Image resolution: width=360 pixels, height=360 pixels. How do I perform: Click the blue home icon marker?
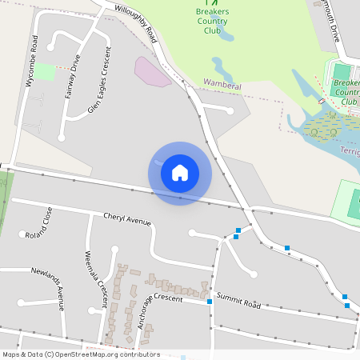pos(180,173)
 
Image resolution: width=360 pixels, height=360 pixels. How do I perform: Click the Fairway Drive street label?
pos(73,75)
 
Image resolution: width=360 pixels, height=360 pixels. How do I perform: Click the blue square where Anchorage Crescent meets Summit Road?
pos(210,302)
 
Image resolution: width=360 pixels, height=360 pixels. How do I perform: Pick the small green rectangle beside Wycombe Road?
pos(44,72)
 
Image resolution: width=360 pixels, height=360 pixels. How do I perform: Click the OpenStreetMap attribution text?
pos(81,354)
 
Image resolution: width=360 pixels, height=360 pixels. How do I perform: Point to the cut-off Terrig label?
pos(350,150)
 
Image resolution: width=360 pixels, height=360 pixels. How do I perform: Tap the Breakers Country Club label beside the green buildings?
pos(346,92)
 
